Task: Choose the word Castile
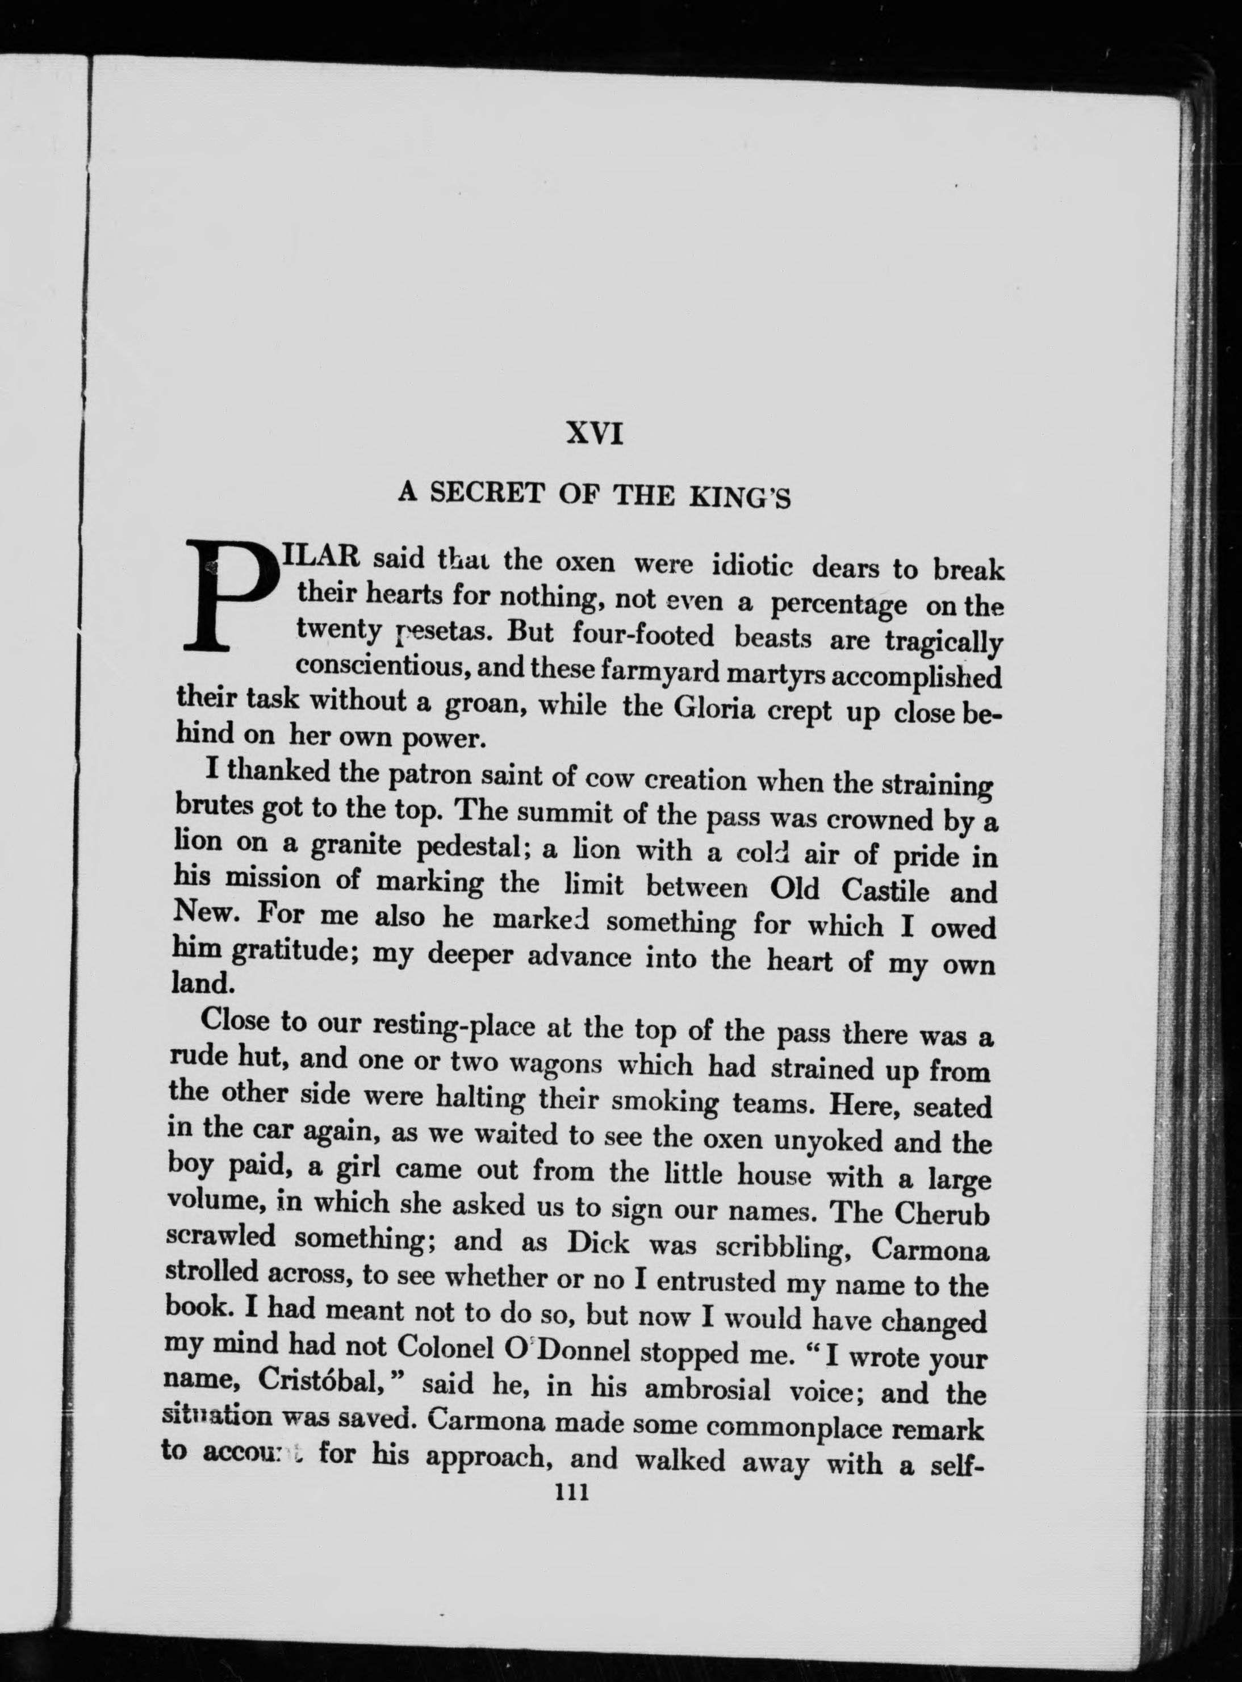click(x=884, y=891)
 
